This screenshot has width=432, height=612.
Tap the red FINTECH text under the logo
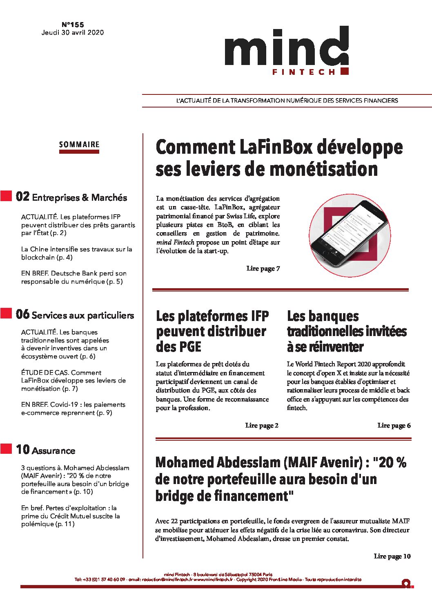point(303,72)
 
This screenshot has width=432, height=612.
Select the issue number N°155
point(73,25)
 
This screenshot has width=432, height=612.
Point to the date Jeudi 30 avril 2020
point(73,33)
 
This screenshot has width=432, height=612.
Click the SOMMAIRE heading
point(79,145)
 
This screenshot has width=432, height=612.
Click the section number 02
point(23,197)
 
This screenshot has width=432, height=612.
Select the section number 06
point(23,314)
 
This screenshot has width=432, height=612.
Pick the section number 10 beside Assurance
point(23,450)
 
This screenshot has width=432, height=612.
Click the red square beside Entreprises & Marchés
point(6,196)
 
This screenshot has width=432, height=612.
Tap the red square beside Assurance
point(6,448)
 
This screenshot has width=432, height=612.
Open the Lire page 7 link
point(263,269)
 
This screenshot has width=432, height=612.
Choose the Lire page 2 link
point(262,426)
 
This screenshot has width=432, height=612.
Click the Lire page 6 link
point(394,426)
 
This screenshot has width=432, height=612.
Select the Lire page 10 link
point(392,556)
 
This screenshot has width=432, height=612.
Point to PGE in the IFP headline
point(189,347)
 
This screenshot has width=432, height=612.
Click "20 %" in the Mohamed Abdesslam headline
point(392,462)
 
